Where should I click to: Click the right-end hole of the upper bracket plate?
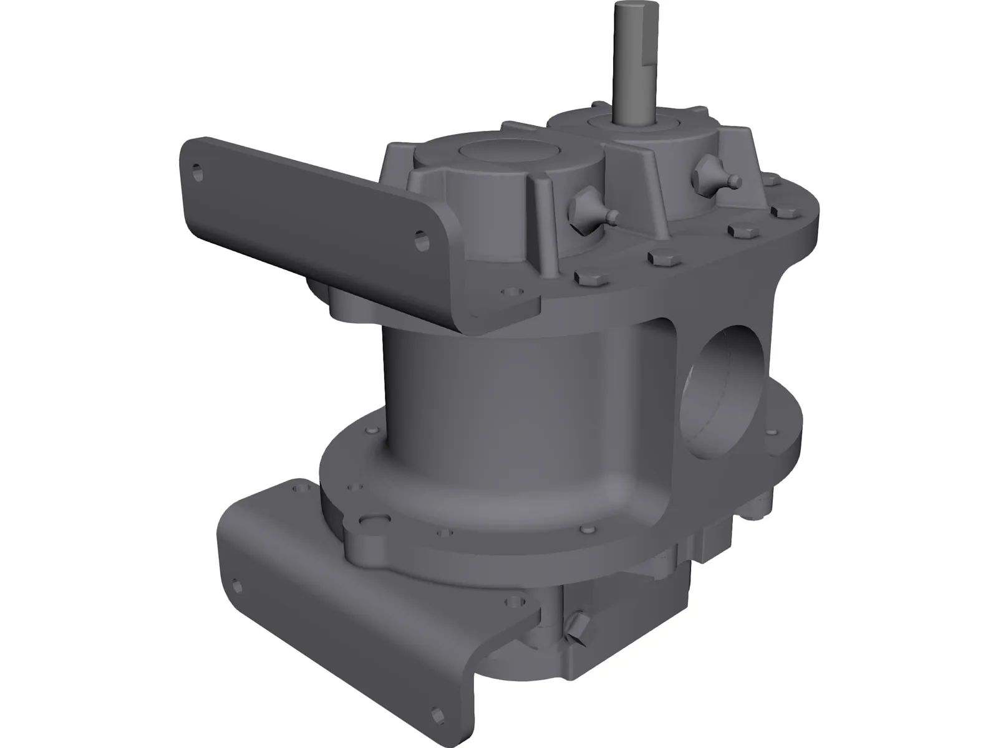[424, 240]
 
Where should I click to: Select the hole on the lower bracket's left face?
[236, 586]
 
